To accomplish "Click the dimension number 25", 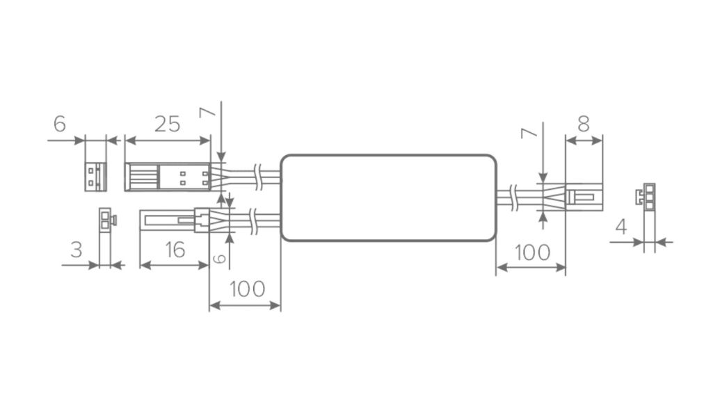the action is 167,124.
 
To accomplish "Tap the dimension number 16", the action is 175,250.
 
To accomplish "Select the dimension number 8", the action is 583,124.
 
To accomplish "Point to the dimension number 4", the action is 621,227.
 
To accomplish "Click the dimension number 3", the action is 77,250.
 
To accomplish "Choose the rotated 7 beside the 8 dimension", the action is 529,133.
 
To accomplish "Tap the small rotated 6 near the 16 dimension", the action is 221,259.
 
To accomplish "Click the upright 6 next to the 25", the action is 60,124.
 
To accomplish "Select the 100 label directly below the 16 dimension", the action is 247,289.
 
